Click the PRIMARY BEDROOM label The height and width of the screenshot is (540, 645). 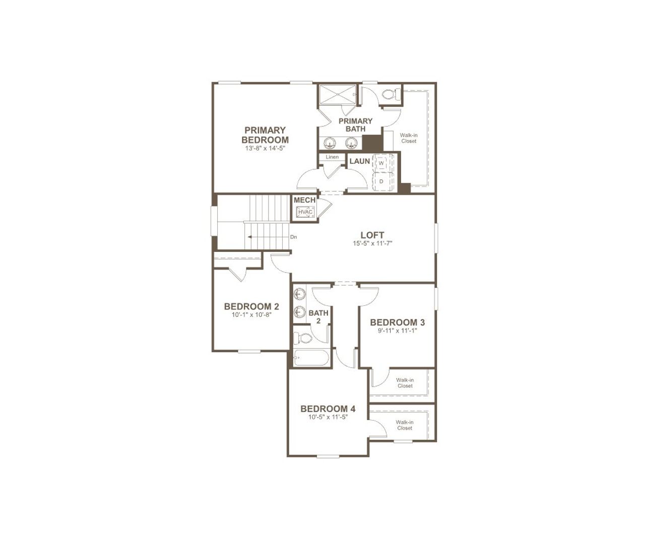click(x=265, y=135)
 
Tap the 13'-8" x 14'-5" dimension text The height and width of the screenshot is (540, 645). click(x=265, y=149)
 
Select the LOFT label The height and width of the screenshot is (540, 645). click(x=372, y=235)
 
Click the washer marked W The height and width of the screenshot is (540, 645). click(x=381, y=163)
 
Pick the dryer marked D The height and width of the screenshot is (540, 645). click(x=381, y=181)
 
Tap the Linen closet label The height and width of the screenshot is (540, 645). click(x=332, y=157)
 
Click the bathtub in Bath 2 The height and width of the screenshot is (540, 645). click(x=311, y=359)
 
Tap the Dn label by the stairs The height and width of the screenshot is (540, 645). click(x=293, y=237)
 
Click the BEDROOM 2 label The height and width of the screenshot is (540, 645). click(x=251, y=306)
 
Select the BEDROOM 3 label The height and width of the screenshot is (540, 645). click(x=397, y=322)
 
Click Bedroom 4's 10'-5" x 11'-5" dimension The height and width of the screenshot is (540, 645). click(x=328, y=417)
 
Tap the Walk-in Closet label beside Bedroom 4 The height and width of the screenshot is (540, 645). click(x=405, y=425)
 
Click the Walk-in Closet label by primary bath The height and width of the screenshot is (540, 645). click(x=409, y=138)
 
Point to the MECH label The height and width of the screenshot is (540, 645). click(x=304, y=200)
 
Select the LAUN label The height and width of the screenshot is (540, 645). click(x=360, y=161)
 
